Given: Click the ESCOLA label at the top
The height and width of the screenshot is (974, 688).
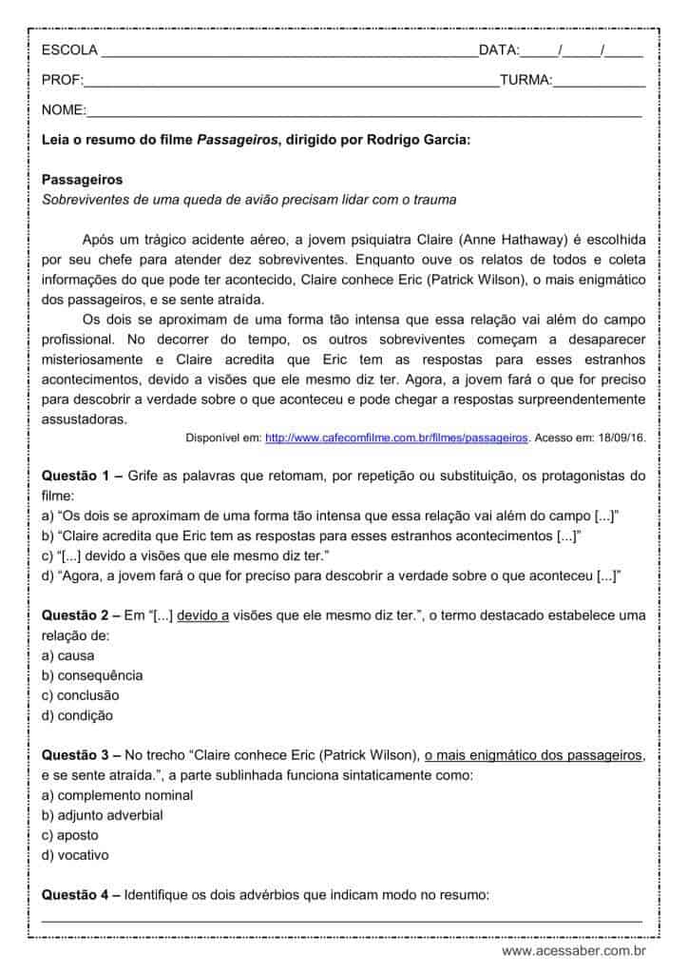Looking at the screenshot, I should (x=67, y=50).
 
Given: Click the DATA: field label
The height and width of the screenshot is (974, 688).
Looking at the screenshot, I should (x=499, y=50).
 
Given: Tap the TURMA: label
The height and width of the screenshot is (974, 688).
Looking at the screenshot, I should (x=526, y=81).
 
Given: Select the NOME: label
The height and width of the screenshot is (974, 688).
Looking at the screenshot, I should (x=64, y=110).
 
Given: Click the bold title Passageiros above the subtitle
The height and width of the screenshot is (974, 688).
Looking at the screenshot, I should (x=82, y=179).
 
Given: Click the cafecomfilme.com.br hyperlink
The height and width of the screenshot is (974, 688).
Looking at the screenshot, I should (x=396, y=438).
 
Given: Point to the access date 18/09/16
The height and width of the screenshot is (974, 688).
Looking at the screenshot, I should (x=620, y=438).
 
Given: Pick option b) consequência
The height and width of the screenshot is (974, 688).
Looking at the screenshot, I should (x=92, y=675).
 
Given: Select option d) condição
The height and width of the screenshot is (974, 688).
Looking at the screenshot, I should (x=77, y=715).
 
